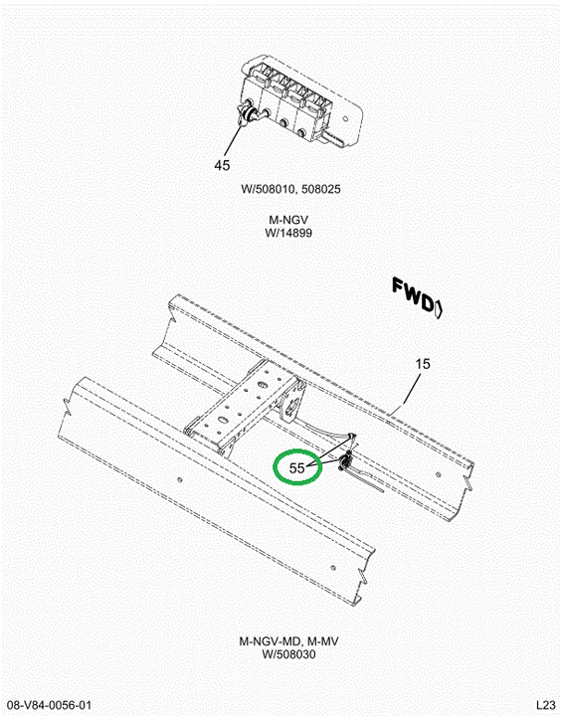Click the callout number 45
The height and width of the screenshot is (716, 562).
pyautogui.click(x=222, y=165)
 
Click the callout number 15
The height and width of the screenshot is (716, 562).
pyautogui.click(x=423, y=364)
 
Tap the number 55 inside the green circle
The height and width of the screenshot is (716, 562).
pyautogui.click(x=297, y=468)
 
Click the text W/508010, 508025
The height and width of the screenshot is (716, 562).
pyautogui.click(x=290, y=189)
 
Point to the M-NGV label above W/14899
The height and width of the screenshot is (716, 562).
pyautogui.click(x=288, y=221)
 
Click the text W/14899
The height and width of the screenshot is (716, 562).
pyautogui.click(x=288, y=233)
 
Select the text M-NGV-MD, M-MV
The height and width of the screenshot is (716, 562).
pyautogui.click(x=288, y=641)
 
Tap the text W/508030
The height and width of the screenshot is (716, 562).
pyautogui.click(x=288, y=654)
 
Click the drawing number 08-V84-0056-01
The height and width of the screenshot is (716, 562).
pyautogui.click(x=46, y=705)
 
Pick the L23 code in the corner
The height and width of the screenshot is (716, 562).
pyautogui.click(x=546, y=705)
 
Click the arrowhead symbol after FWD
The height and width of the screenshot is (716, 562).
pyautogui.click(x=439, y=309)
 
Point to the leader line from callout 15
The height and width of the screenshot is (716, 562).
pyautogui.click(x=410, y=388)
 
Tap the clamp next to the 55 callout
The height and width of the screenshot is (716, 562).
pyautogui.click(x=345, y=462)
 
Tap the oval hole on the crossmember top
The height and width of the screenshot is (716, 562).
pyautogui.click(x=223, y=420)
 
